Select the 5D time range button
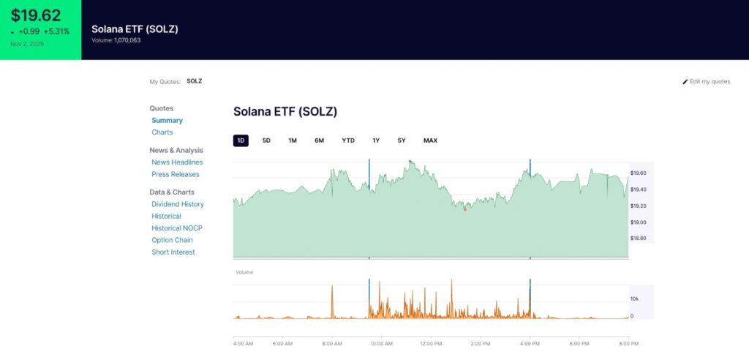[266, 140]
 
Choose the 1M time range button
[293, 140]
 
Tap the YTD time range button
[348, 140]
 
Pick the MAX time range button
[430, 140]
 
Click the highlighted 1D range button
[241, 140]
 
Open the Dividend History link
[178, 204]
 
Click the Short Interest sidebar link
[174, 252]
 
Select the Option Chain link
[172, 240]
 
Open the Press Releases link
[176, 174]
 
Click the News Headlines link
[177, 162]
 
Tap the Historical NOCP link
[177, 228]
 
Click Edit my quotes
[707, 81]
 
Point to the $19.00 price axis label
[639, 222]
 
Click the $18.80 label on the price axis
[639, 239]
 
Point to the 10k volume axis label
[635, 299]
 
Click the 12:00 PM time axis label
[431, 343]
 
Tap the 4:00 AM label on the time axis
[243, 343]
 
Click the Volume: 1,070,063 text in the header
[116, 40]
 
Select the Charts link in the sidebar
[162, 132]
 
